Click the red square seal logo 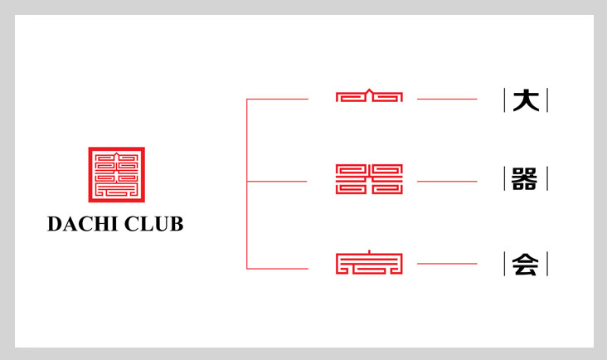[x=116, y=174]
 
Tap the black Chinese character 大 [x=526, y=100]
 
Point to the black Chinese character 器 [x=526, y=179]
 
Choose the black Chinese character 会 [x=526, y=264]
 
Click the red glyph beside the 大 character [x=369, y=96]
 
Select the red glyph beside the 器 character [x=369, y=179]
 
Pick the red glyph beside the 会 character [x=369, y=264]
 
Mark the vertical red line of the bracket [x=247, y=183]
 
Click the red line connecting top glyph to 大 [x=447, y=99]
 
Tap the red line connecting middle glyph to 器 [x=447, y=181]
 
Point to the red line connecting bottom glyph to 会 [x=447, y=264]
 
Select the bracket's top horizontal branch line [x=278, y=99]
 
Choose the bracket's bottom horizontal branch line [x=278, y=268]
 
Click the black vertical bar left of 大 [x=505, y=100]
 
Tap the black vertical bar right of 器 [x=547, y=179]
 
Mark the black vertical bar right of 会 [x=547, y=264]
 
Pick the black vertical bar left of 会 [x=505, y=264]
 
